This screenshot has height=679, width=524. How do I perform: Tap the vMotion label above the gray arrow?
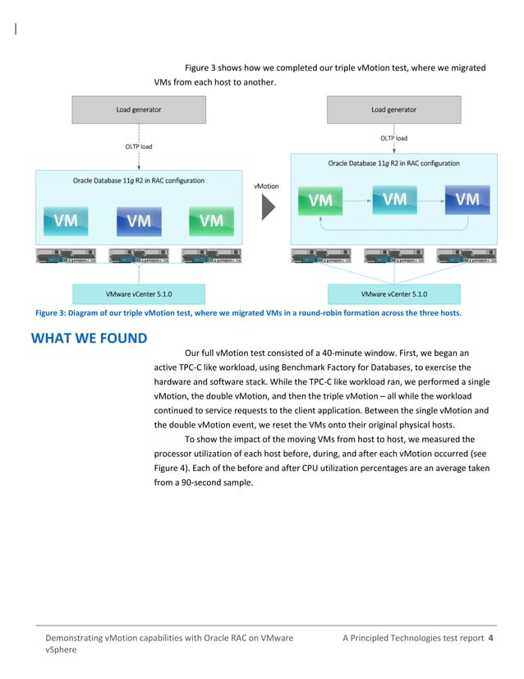[x=267, y=187]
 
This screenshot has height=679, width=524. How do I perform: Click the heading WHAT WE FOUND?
[x=89, y=338]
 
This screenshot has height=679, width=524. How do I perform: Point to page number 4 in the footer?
[x=490, y=639]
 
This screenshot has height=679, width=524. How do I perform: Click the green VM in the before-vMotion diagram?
[x=211, y=219]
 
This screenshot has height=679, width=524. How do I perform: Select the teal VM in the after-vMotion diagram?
[x=394, y=198]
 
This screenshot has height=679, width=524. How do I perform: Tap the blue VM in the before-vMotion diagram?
[x=139, y=219]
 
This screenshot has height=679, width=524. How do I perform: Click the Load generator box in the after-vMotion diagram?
[x=393, y=109]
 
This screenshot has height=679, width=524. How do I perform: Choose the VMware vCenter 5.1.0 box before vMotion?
[x=139, y=293]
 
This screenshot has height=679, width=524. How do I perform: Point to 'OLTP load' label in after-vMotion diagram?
[x=393, y=138]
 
